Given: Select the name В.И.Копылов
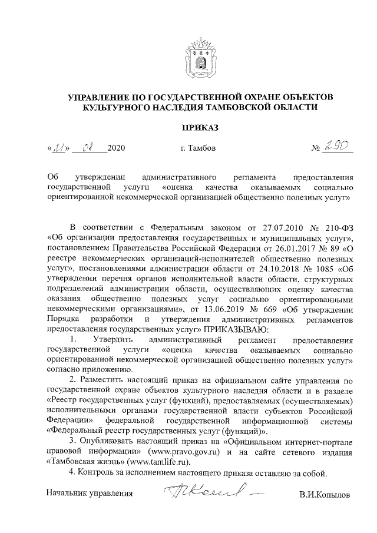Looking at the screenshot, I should tap(324, 495).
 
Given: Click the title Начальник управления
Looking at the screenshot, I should tap(90, 494).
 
